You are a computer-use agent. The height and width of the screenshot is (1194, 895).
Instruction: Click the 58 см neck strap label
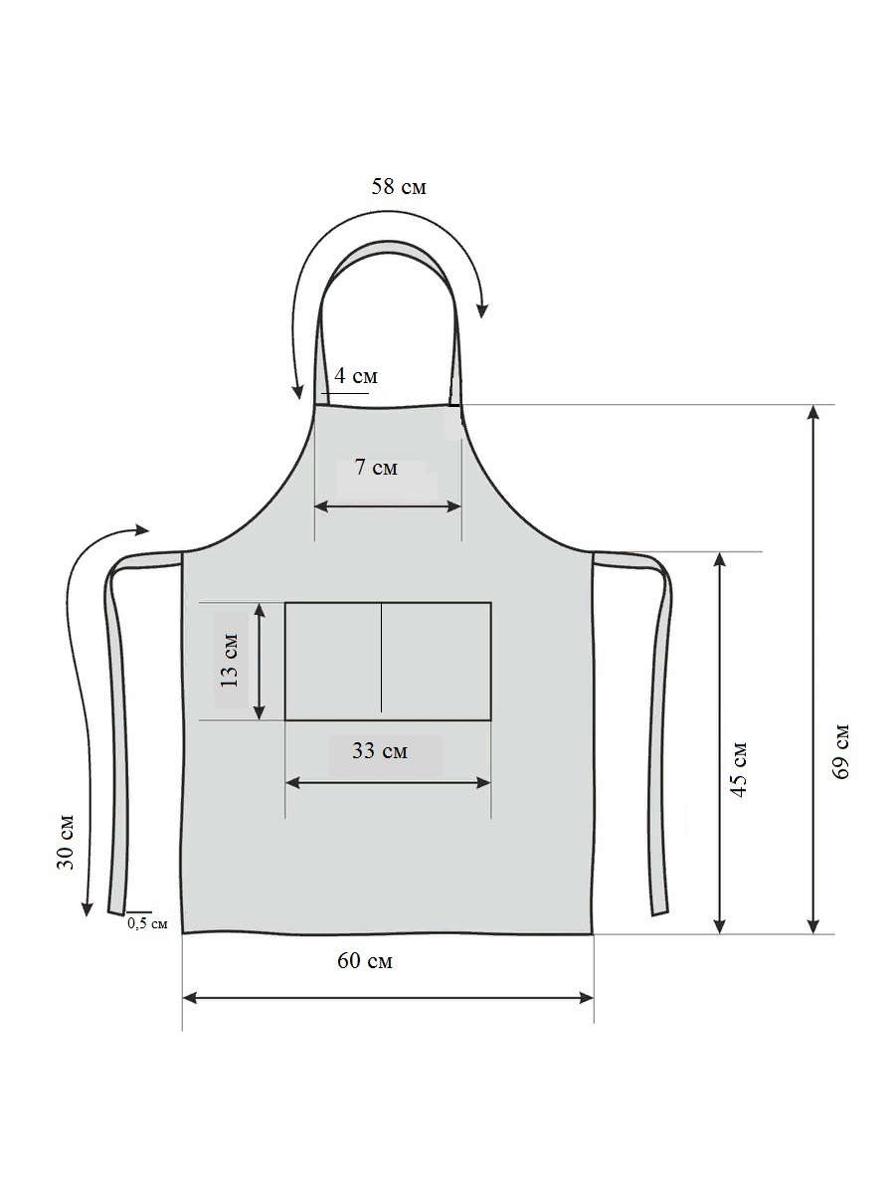click(x=399, y=187)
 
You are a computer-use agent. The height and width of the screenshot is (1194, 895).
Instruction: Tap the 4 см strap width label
click(x=355, y=375)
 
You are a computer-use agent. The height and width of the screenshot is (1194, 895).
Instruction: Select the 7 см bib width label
click(x=376, y=467)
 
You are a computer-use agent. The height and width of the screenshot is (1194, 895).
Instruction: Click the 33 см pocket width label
click(x=379, y=750)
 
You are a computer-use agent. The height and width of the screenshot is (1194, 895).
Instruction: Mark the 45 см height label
click(x=739, y=768)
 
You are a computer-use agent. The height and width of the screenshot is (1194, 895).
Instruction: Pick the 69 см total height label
click(x=840, y=751)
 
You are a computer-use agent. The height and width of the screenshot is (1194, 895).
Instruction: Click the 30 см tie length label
click(x=65, y=841)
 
